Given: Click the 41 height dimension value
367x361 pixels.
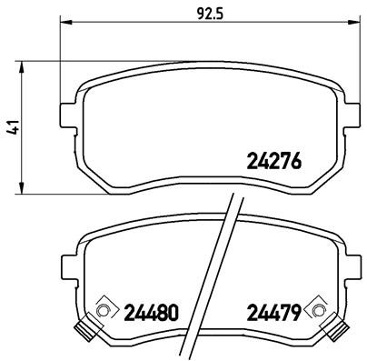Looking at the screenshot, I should [x=13, y=129].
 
